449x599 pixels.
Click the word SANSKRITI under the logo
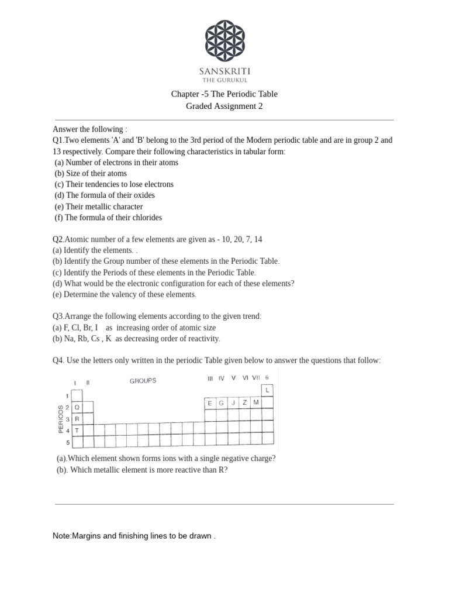pyautogui.click(x=224, y=70)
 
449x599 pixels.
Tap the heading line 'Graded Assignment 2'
pyautogui.click(x=224, y=106)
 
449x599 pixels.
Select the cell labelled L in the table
pyautogui.click(x=267, y=390)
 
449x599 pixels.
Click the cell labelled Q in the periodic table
pyautogui.click(x=77, y=408)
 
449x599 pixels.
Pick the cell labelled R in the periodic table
pyautogui.click(x=77, y=419)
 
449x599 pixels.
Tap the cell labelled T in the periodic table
pyautogui.click(x=77, y=431)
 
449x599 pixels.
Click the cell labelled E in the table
pyautogui.click(x=210, y=403)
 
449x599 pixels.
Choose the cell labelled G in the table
pyautogui.click(x=222, y=403)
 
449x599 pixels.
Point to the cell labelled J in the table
pyautogui.click(x=233, y=403)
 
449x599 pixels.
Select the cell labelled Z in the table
pyautogui.click(x=244, y=403)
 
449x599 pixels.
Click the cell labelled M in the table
pyautogui.click(x=256, y=403)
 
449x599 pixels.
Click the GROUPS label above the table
pyautogui.click(x=143, y=381)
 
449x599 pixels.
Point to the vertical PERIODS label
pyautogui.click(x=60, y=419)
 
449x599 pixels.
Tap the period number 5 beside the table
pyautogui.click(x=67, y=442)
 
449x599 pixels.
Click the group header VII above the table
pyautogui.click(x=256, y=378)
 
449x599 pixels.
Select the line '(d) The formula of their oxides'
pyautogui.click(x=105, y=195)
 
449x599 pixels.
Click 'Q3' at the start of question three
pyautogui.click(x=58, y=316)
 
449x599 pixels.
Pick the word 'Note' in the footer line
pyautogui.click(x=61, y=536)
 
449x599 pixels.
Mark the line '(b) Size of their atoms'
pyautogui.click(x=91, y=173)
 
